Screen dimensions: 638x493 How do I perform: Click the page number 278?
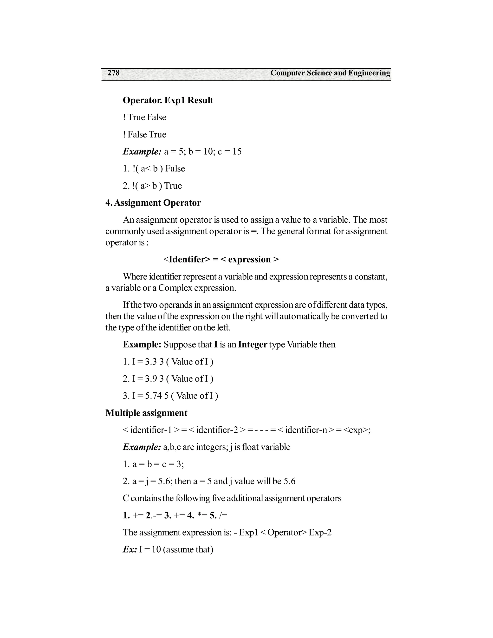114,73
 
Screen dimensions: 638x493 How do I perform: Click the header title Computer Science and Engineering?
330,73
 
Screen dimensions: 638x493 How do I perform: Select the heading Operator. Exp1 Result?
168,100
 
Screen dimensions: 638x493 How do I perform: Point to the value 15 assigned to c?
237,152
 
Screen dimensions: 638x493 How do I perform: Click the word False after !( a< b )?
175,169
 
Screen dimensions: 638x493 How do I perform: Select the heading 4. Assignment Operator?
153,203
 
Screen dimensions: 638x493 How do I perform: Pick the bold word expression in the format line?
249,259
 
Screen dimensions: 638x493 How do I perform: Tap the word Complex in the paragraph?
175,288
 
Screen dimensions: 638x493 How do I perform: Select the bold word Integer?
253,345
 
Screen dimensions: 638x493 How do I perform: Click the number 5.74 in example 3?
153,396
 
